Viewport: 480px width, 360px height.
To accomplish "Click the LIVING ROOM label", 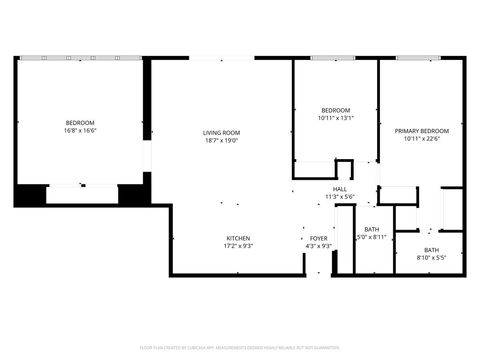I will point(221,132).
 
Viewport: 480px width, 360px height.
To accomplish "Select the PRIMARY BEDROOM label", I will point(421,131).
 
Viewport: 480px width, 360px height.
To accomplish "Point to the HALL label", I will point(340,189).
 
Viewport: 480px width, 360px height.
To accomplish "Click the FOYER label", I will point(317,238).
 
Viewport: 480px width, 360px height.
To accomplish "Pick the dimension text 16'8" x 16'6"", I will point(80,131).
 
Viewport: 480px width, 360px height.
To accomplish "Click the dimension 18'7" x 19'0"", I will point(221,140).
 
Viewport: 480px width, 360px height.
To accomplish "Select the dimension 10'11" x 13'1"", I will point(335,118).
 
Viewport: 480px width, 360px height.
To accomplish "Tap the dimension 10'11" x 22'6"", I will point(421,139).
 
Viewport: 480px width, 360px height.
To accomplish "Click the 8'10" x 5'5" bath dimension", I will point(431,258).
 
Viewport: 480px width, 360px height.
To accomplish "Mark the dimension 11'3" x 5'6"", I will point(340,197).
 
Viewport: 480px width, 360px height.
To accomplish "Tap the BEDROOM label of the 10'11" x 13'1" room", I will point(335,110).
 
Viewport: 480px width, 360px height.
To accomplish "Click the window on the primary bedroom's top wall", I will point(420,58).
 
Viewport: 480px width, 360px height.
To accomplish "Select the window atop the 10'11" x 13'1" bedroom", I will point(335,58).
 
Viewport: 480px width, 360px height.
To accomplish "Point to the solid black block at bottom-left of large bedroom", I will point(30,194).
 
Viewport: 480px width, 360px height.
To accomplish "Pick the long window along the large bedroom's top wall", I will point(80,58).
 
